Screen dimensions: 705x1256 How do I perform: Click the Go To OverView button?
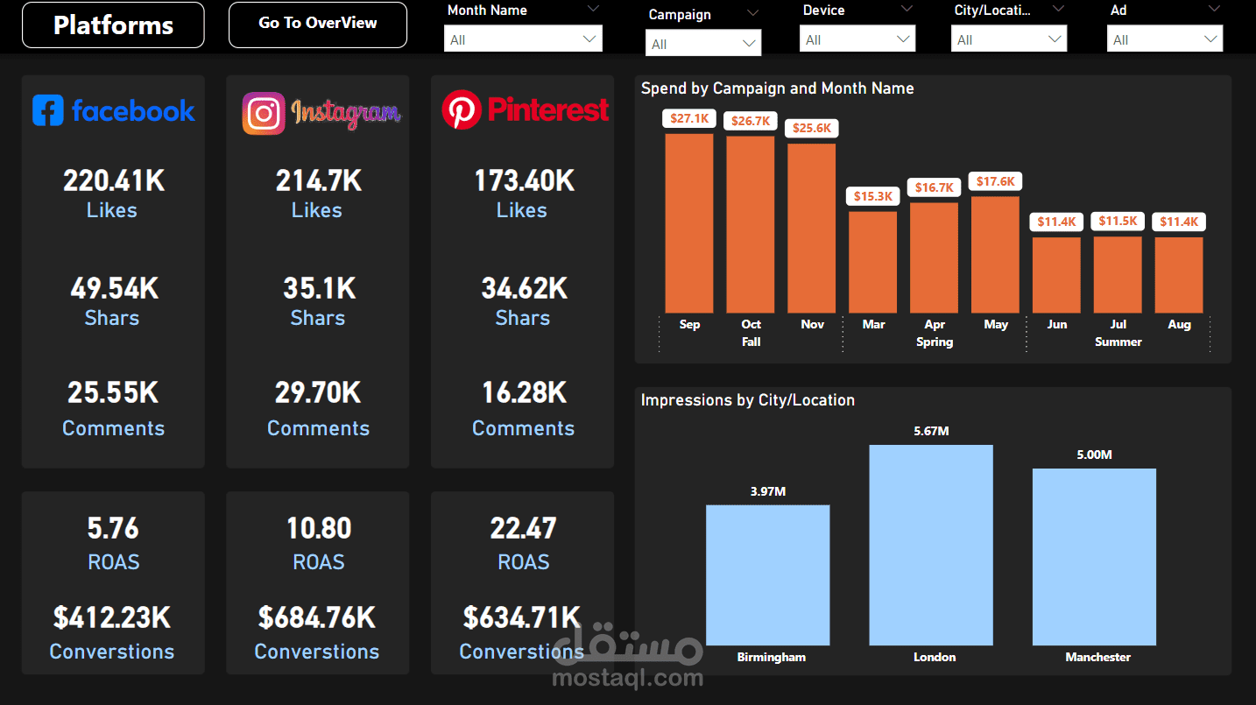point(317,24)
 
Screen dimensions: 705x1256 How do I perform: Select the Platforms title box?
point(113,25)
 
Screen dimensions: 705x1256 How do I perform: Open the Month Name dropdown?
point(524,39)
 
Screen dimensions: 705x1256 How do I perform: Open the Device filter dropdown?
point(857,39)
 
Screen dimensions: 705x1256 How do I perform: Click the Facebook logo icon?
point(48,110)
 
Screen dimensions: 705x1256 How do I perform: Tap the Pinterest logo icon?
point(462,110)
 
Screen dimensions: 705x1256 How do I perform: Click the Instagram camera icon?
point(264,114)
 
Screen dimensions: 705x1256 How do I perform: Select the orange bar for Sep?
point(689,223)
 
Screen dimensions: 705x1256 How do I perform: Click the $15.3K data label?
point(872,196)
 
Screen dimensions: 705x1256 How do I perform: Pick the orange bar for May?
point(995,254)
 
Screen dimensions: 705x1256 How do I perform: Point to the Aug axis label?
point(1179,324)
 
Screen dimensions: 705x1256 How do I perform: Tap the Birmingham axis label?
point(771,657)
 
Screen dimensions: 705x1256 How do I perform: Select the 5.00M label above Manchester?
point(1094,455)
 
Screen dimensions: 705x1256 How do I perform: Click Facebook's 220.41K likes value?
point(113,180)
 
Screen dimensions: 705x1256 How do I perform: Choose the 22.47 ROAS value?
point(523,528)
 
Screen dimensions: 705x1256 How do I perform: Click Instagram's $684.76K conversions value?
point(317,617)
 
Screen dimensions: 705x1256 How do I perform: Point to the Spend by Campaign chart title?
point(777,88)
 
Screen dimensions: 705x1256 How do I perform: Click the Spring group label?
point(934,342)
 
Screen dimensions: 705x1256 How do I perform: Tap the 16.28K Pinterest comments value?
point(524,392)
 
